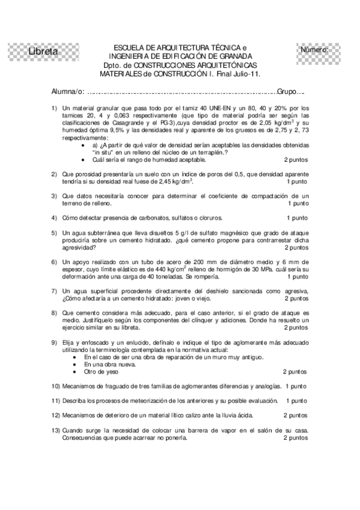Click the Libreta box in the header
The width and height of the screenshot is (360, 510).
43,52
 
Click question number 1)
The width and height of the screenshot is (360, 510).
55,107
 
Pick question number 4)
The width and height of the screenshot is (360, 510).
55,218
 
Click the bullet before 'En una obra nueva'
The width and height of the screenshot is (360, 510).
74,364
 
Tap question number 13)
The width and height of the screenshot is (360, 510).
56,431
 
